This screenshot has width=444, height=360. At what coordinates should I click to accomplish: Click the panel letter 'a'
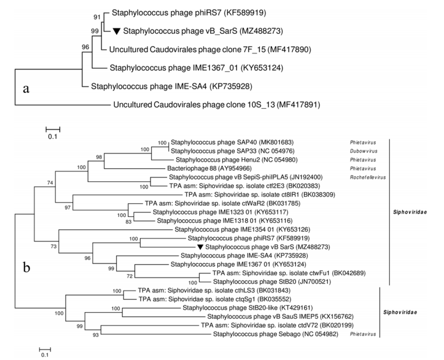[25, 89]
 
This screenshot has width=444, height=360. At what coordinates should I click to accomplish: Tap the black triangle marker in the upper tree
[115, 30]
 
